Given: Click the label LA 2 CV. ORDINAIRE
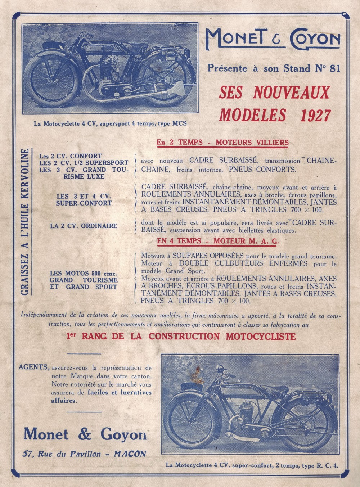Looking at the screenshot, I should [x=84, y=226].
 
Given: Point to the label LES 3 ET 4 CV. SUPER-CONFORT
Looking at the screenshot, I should [x=84, y=199].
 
